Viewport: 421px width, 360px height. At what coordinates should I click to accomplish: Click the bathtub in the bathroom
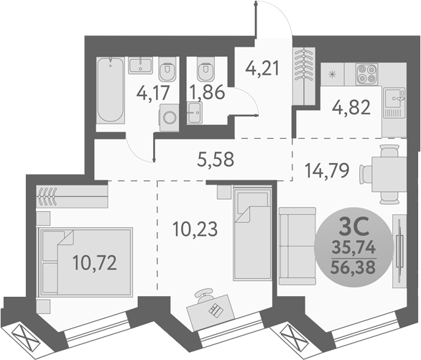click(x=111, y=90)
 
